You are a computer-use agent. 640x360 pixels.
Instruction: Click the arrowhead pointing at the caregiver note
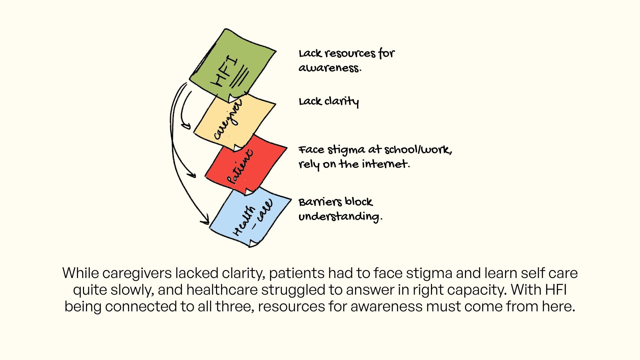click(x=186, y=126)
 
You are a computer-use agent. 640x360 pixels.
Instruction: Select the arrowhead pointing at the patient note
click(x=192, y=175)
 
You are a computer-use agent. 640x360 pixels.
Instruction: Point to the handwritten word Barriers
click(x=320, y=202)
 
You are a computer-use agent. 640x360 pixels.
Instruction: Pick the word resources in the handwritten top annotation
click(x=350, y=54)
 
